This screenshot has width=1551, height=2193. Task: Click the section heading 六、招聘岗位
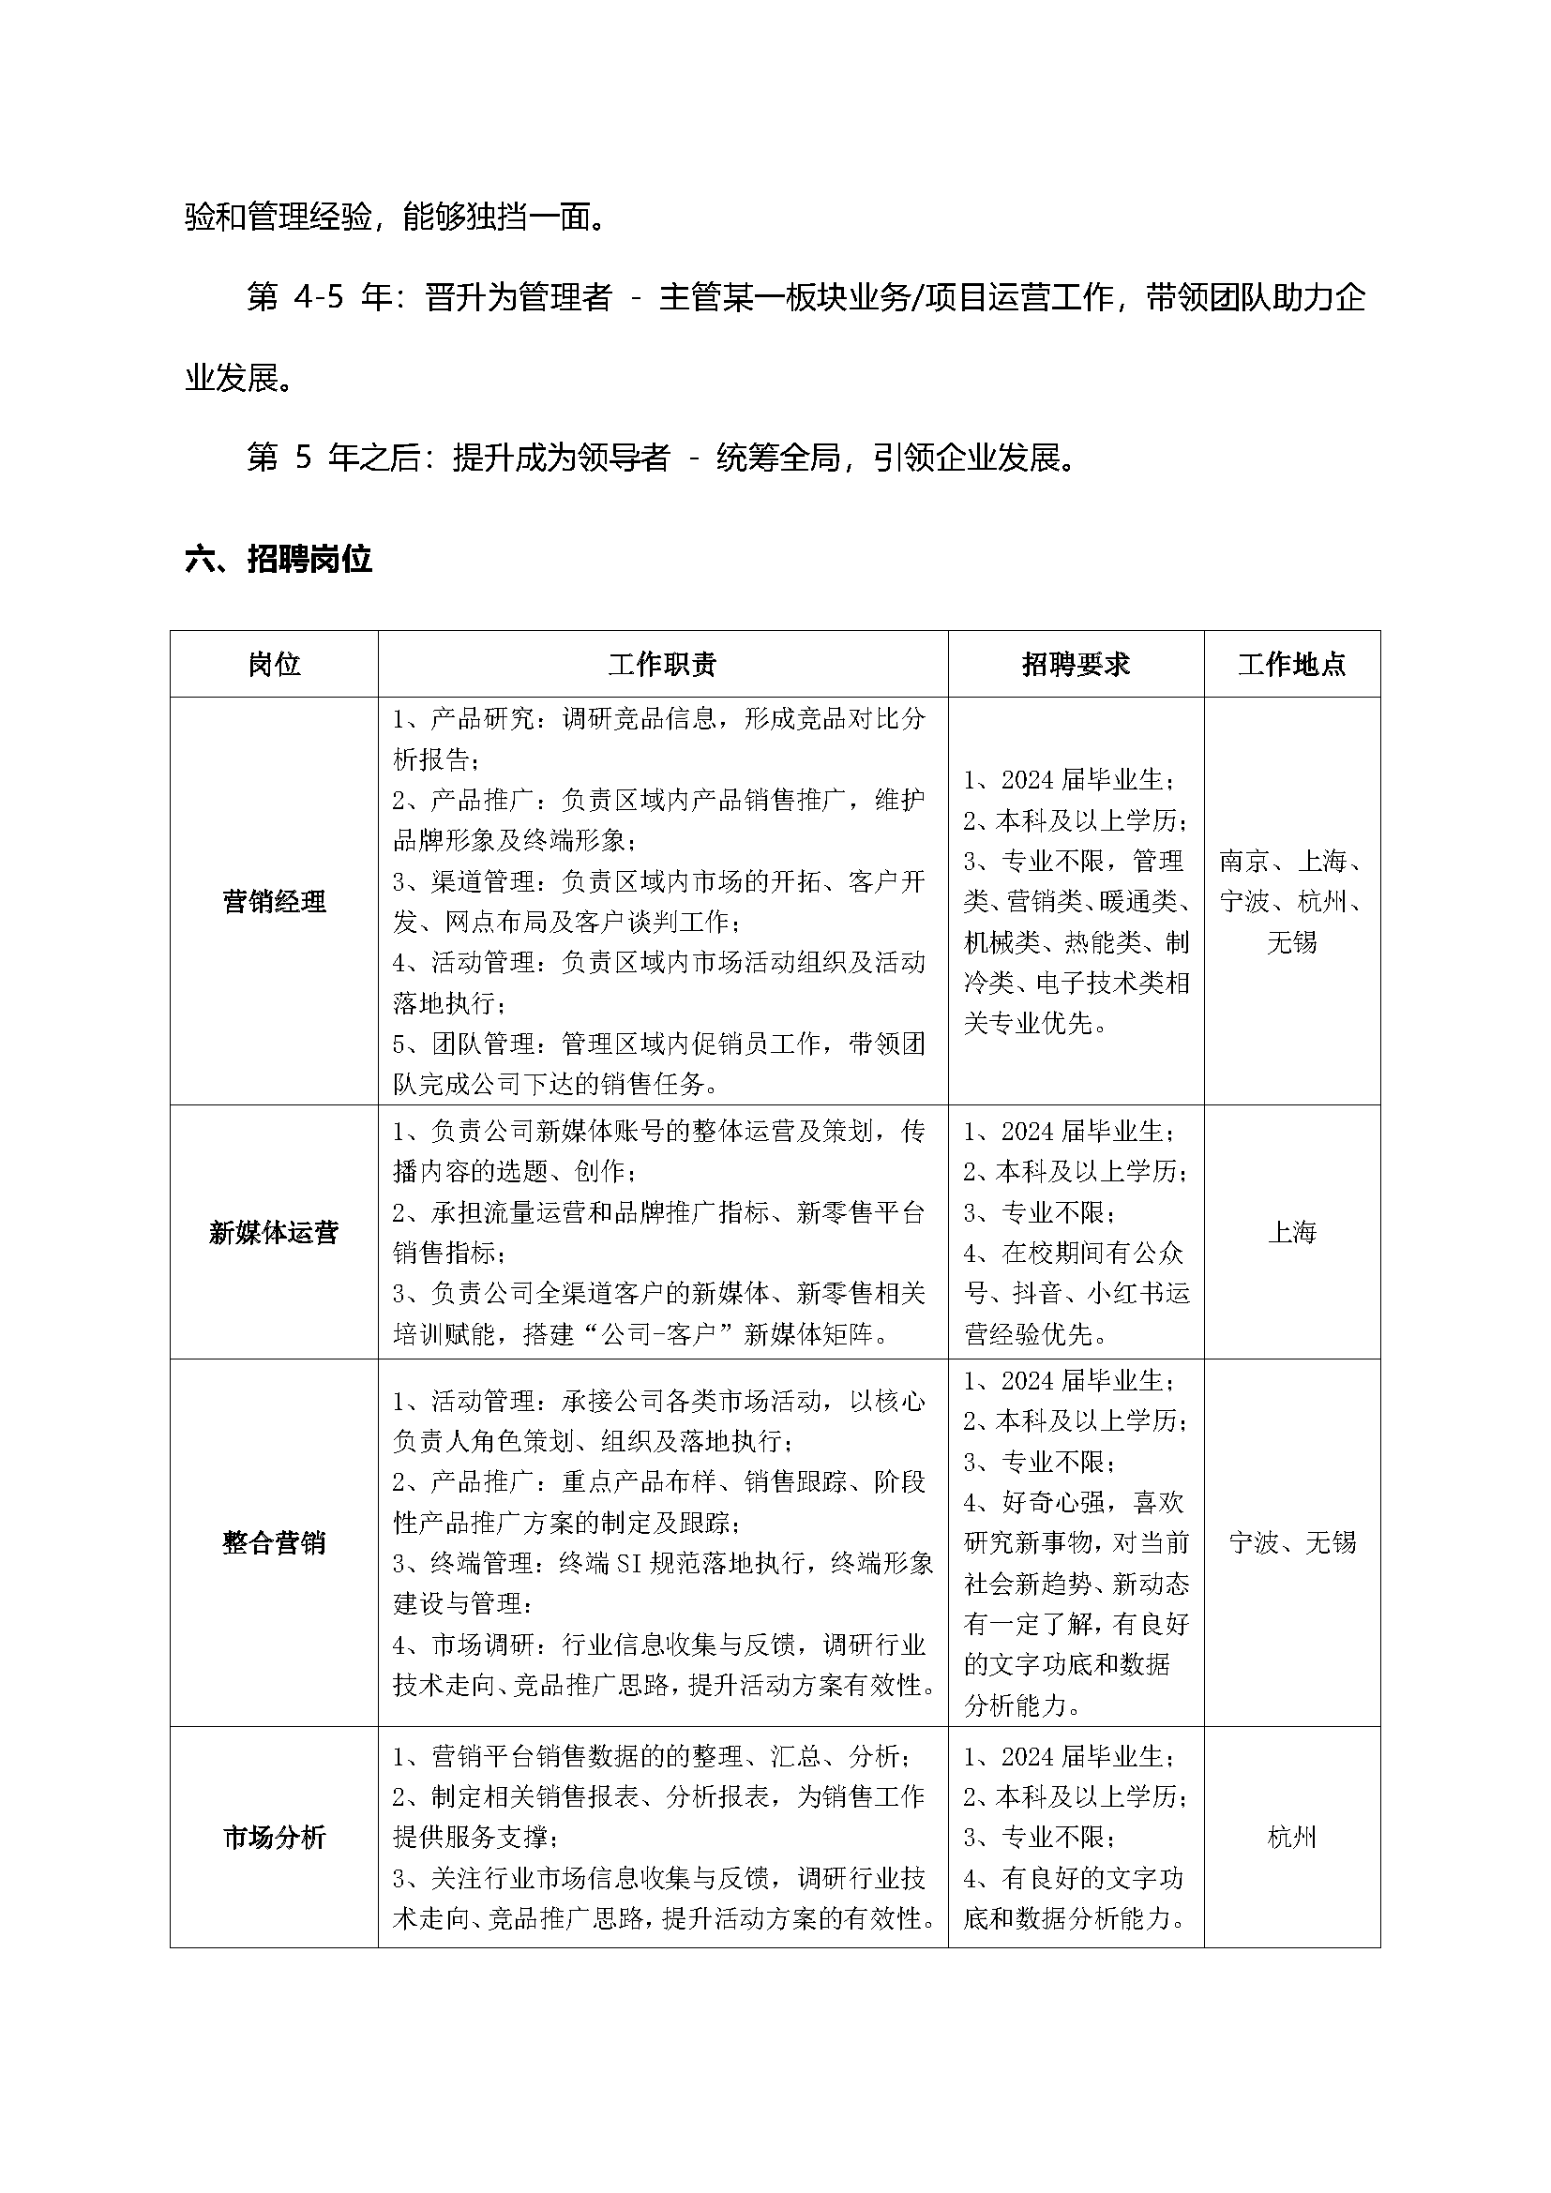[278, 560]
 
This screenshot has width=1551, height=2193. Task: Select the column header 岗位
[274, 665]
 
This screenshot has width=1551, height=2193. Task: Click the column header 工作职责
[662, 665]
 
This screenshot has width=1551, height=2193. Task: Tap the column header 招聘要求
[1076, 665]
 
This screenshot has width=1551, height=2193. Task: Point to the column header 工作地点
[1291, 665]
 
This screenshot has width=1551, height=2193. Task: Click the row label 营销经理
[274, 902]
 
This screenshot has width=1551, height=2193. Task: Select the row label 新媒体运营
[274, 1233]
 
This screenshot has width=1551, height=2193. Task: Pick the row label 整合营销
[274, 1542]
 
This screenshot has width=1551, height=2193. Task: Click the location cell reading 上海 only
[1291, 1233]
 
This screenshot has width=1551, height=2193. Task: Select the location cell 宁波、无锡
[1291, 1542]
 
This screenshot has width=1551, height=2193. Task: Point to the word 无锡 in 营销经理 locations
[1291, 942]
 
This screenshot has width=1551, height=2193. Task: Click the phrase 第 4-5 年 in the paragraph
[318, 299]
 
